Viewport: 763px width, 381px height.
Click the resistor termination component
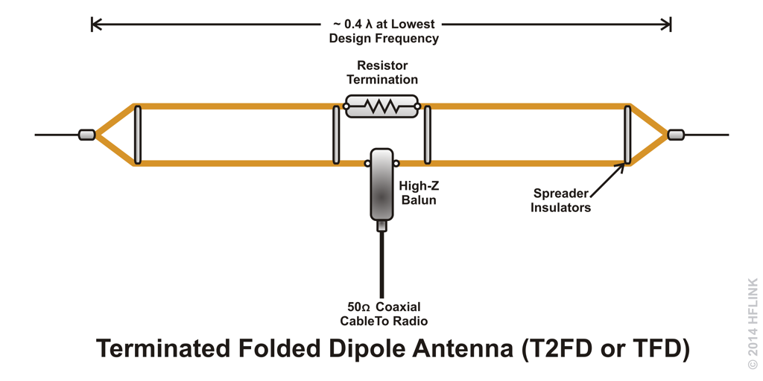pos(381,106)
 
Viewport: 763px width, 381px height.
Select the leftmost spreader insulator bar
pos(138,135)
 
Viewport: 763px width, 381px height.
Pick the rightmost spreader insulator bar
pos(627,135)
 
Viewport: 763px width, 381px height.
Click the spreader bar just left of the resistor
pos(336,135)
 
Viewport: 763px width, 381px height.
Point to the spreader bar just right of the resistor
pos(427,135)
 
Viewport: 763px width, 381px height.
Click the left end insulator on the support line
pos(86,135)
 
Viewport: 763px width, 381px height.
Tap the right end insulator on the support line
pos(676,135)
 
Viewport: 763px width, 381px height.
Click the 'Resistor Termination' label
pos(381,72)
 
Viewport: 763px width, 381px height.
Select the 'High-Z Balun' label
pos(419,193)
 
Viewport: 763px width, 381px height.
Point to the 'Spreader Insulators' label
pos(560,200)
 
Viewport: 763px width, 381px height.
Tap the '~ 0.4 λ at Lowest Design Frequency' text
pos(384,31)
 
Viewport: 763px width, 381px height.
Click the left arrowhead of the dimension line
pos(96,24)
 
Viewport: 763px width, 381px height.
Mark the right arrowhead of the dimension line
pos(666,24)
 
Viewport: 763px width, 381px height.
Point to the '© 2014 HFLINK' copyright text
pos(753,323)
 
